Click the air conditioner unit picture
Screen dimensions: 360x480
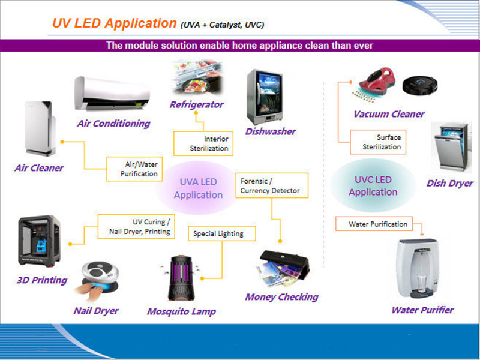(111, 94)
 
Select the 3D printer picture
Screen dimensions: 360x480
(39, 241)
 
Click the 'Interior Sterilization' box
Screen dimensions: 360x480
(202, 143)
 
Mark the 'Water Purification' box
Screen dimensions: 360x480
(378, 224)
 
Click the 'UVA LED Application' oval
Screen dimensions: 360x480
(198, 188)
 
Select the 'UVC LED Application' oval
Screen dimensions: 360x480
(373, 185)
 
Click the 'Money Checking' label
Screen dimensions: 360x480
(281, 296)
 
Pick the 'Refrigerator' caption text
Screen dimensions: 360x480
(196, 104)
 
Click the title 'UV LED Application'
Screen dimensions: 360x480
(114, 23)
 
